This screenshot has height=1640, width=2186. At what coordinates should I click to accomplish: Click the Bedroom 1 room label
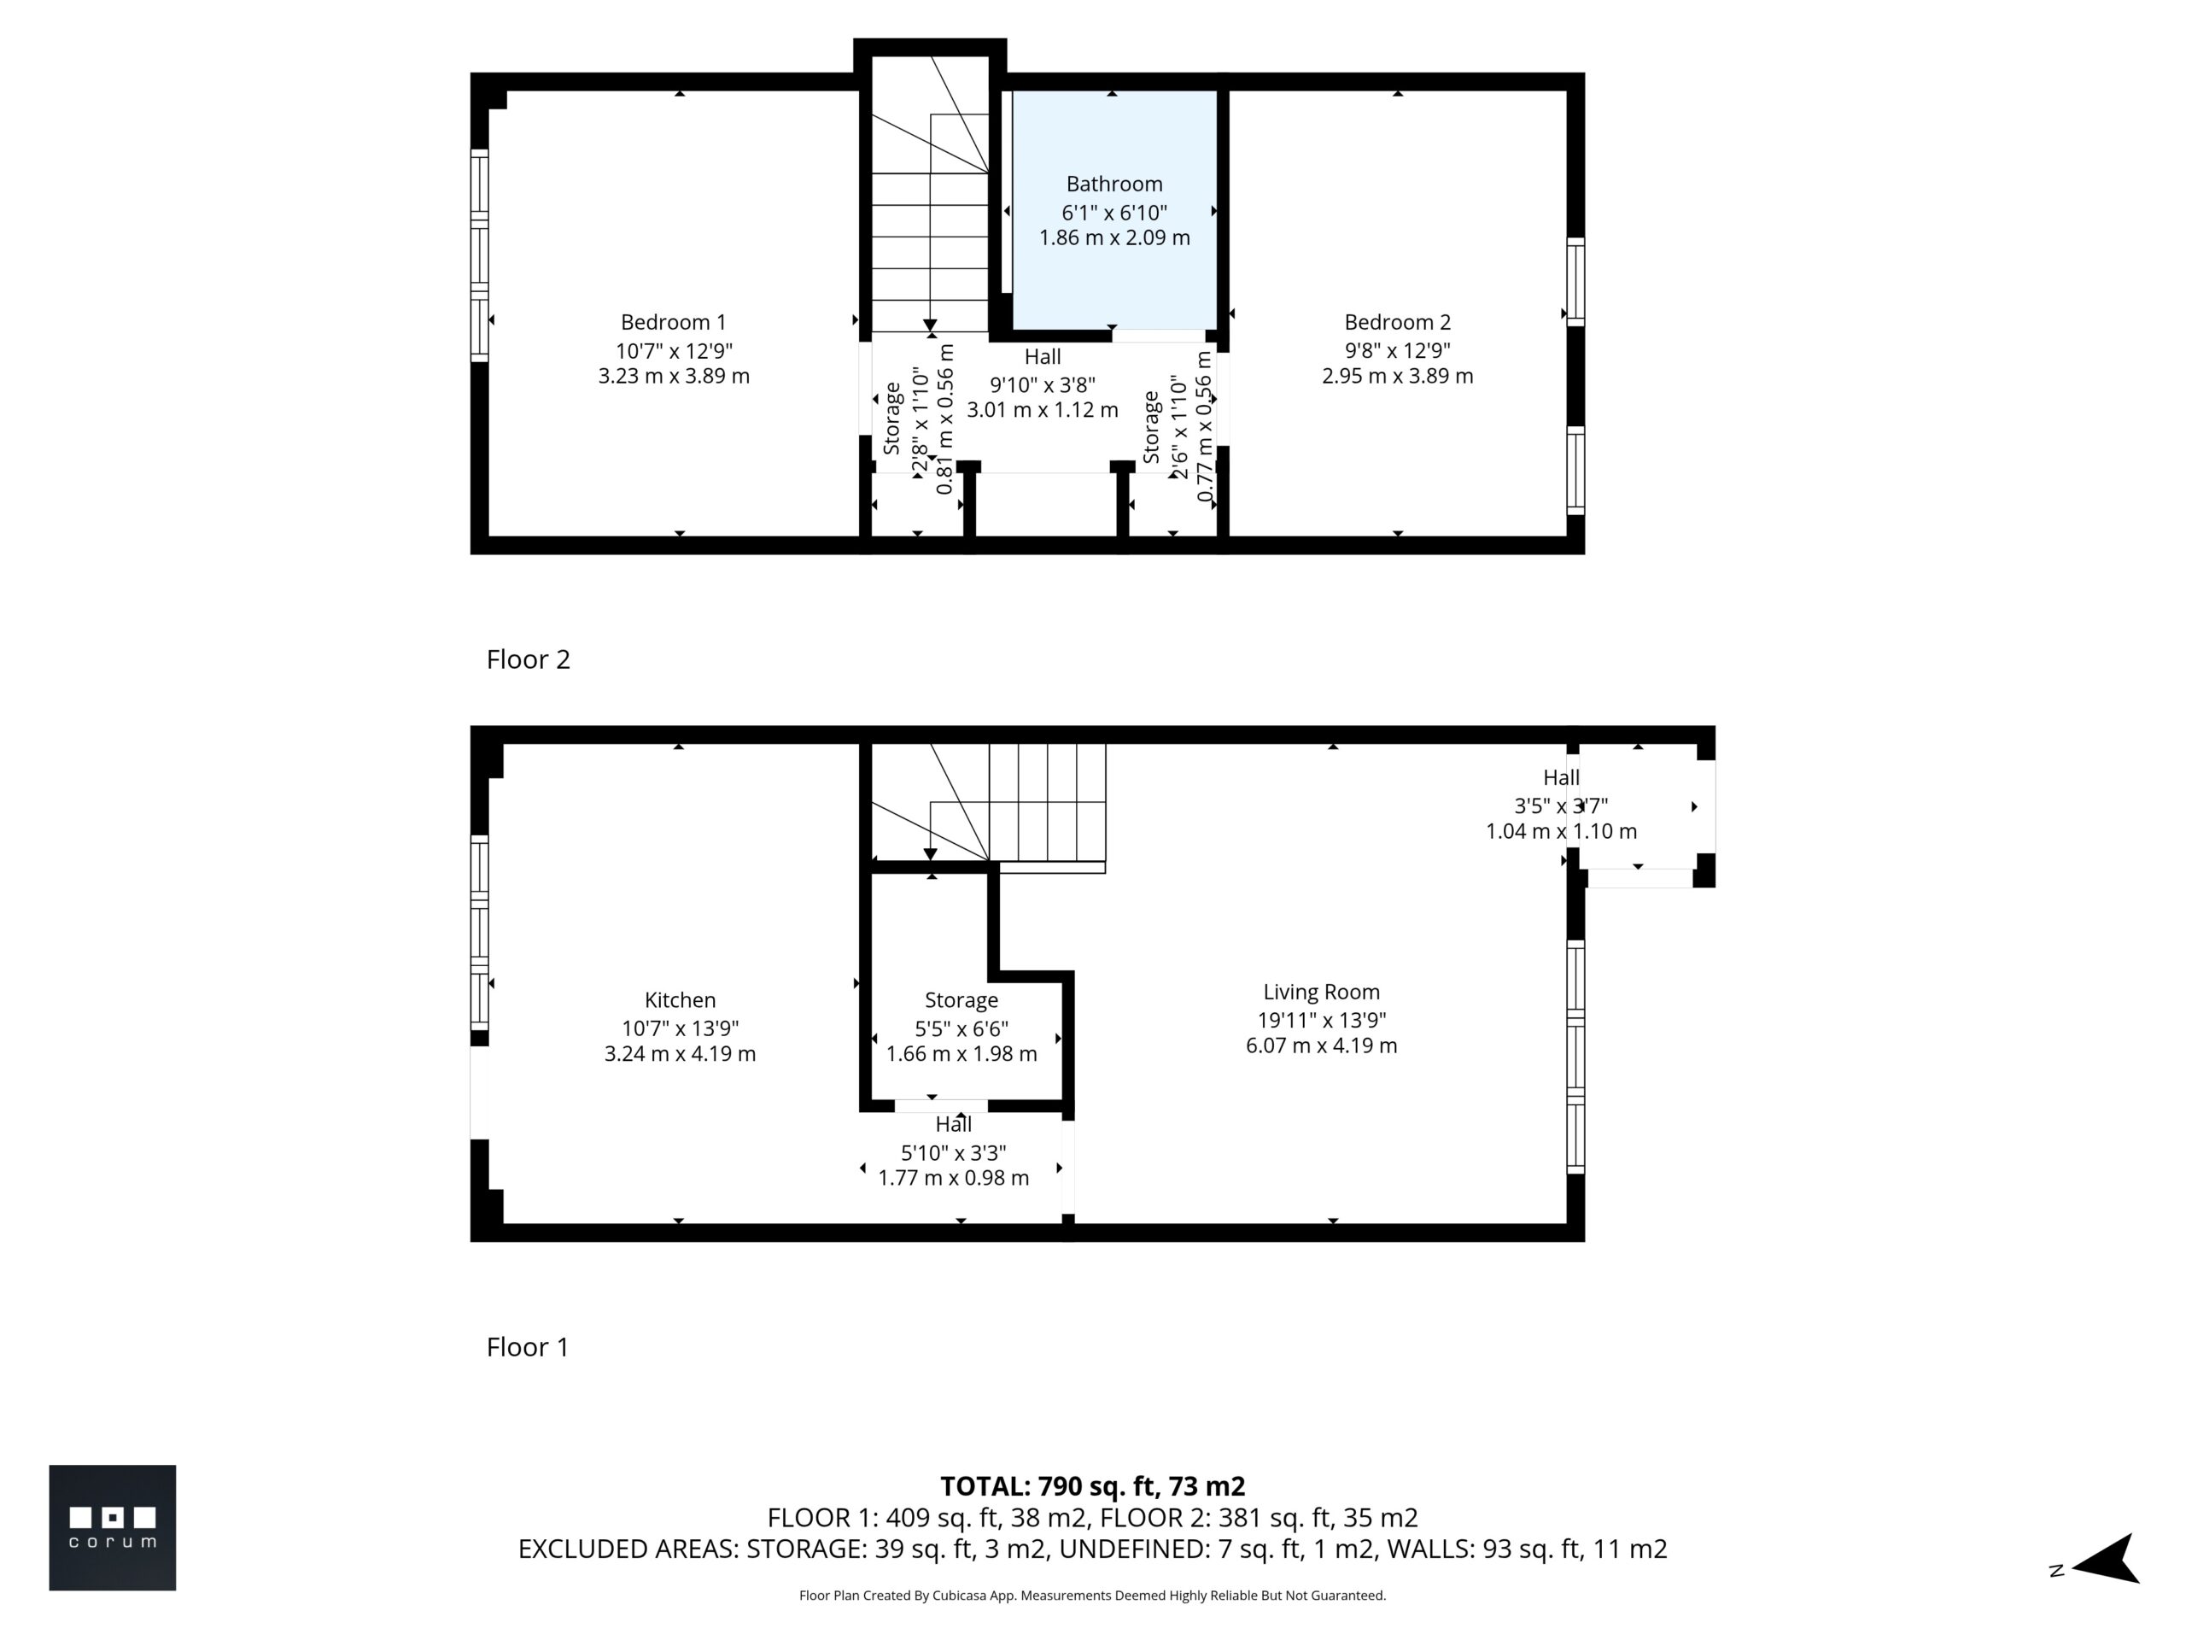(673, 322)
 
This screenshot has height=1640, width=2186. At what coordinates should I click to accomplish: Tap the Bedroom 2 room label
(1397, 322)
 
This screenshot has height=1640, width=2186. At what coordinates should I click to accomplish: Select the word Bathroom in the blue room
(1113, 184)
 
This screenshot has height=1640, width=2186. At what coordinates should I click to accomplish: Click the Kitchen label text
(680, 1000)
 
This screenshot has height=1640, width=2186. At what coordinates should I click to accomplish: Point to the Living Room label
(1321, 993)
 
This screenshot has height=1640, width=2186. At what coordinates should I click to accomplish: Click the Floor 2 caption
(528, 659)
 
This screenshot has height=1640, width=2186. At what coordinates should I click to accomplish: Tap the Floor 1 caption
(528, 1347)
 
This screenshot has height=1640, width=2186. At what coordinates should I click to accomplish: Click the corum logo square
(113, 1527)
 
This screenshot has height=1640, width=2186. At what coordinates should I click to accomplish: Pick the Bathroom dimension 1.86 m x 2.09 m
(1113, 238)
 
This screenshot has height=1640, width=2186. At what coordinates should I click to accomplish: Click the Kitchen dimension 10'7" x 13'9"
(680, 1028)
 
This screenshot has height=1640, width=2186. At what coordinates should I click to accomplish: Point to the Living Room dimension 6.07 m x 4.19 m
(1321, 1045)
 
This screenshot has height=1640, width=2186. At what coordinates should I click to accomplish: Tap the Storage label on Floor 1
(961, 1000)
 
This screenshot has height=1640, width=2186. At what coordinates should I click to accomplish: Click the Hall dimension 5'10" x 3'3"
(954, 1152)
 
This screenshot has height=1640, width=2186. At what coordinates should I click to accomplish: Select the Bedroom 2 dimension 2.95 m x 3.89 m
(1397, 377)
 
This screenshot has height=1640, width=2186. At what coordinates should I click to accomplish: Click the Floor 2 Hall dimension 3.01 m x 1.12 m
(1043, 410)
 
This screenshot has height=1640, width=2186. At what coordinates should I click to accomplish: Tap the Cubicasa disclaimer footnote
(1092, 1596)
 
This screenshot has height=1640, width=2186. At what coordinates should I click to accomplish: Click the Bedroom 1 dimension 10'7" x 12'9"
(673, 351)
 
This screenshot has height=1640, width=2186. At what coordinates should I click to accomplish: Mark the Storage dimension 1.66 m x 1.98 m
(961, 1055)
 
